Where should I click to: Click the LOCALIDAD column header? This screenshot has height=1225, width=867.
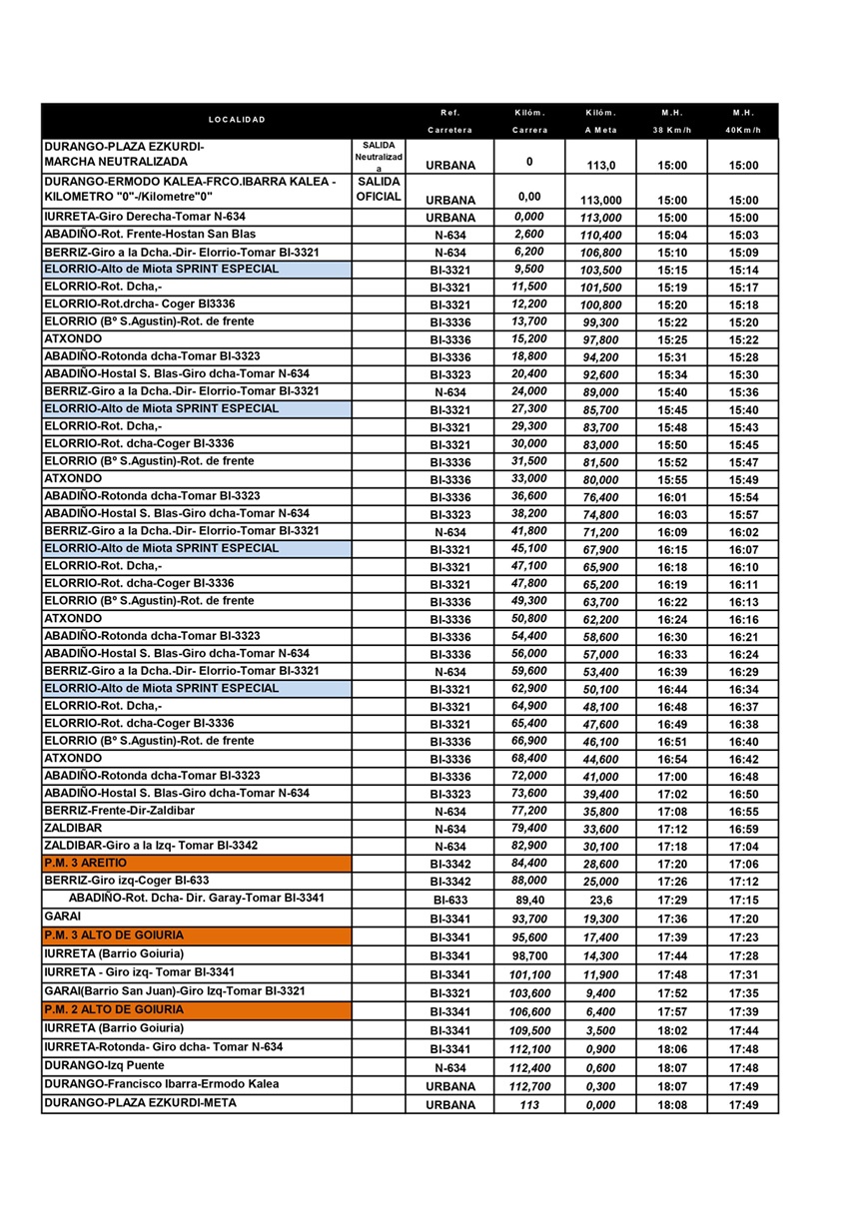click(237, 120)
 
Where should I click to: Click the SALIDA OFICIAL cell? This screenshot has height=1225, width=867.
click(378, 190)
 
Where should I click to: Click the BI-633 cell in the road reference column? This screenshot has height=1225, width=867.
click(449, 900)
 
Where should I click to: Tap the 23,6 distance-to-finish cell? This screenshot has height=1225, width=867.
click(600, 900)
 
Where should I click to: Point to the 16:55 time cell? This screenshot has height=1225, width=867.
click(743, 813)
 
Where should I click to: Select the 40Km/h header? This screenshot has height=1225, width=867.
click(743, 130)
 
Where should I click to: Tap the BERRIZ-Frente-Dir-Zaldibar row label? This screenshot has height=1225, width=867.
click(120, 811)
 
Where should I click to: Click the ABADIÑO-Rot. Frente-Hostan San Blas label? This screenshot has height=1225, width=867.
click(150, 234)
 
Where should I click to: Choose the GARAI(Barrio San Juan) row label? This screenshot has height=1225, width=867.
click(175, 991)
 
